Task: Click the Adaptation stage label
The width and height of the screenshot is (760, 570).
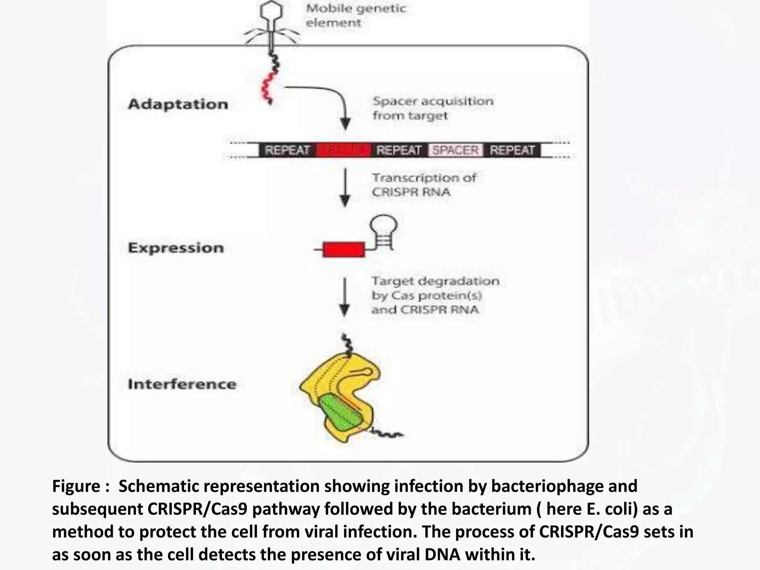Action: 178,104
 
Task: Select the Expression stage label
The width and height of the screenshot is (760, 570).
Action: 176,248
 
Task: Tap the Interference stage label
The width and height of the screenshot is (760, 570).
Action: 182,384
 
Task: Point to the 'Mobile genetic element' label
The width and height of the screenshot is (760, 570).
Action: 356,16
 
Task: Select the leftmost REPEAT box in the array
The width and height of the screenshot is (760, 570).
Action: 287,150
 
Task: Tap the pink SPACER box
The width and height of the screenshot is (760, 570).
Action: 455,150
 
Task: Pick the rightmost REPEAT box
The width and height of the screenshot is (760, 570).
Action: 512,150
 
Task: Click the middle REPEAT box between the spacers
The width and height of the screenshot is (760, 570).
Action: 399,150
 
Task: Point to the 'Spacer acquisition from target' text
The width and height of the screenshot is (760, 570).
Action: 433,108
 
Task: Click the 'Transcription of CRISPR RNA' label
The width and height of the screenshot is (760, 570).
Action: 424,185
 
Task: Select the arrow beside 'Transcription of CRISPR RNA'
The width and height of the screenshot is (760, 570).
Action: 345,187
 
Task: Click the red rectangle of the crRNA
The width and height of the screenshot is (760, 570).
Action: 344,249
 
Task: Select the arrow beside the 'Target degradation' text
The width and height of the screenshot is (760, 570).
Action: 345,297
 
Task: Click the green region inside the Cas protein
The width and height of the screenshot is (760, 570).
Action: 340,414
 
